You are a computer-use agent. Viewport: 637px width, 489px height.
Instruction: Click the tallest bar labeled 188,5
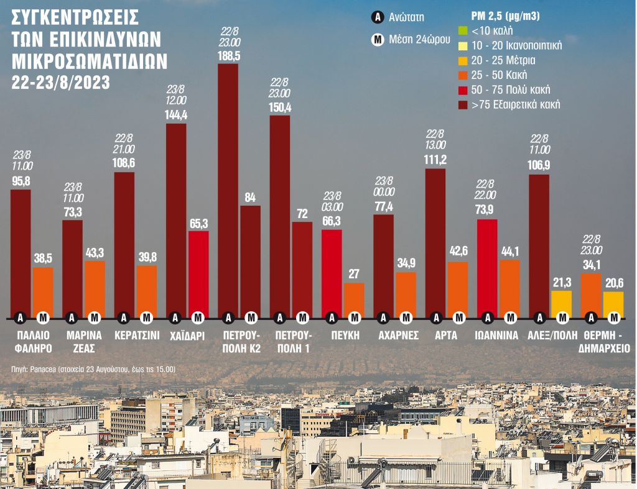[x=228, y=186]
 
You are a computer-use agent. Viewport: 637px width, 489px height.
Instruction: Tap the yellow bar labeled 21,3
[x=562, y=303]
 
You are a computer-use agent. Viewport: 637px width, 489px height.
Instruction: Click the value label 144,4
[x=176, y=114]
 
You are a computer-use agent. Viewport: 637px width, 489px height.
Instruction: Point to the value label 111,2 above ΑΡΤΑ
[x=435, y=160]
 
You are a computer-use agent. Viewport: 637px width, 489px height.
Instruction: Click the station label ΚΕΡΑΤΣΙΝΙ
[x=137, y=336]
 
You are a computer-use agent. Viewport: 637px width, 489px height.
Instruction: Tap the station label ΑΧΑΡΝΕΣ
[x=395, y=336]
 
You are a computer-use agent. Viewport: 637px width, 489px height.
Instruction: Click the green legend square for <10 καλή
[x=462, y=30]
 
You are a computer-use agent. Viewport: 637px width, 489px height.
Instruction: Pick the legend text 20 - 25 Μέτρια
[x=503, y=60]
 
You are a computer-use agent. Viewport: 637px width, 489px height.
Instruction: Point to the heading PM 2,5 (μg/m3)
[x=503, y=16]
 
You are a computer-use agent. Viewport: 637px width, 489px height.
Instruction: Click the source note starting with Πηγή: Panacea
[x=93, y=369]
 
